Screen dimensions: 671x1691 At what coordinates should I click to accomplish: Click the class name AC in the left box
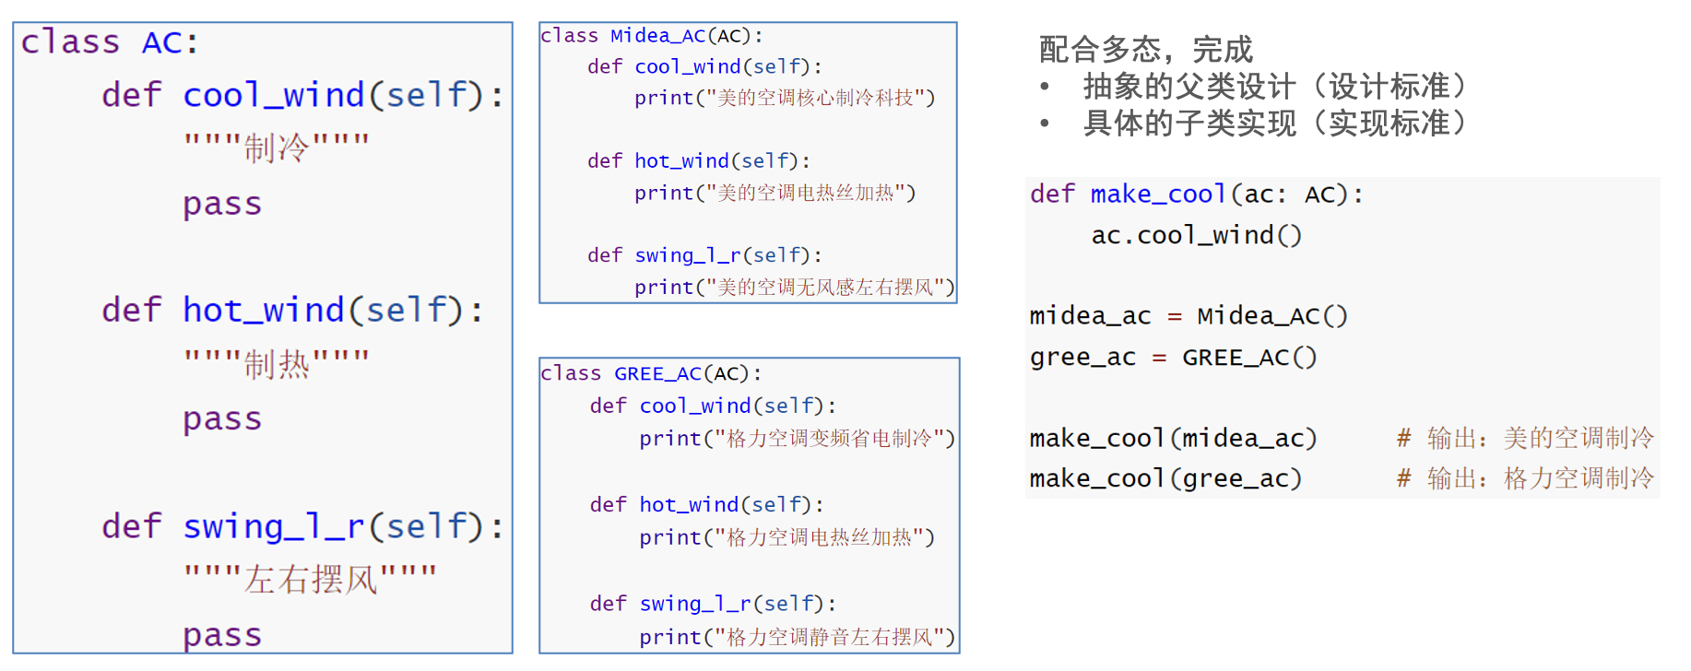click(x=163, y=42)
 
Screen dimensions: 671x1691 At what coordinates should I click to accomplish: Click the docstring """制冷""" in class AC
click(x=277, y=147)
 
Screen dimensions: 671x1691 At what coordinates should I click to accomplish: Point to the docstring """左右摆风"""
click(x=310, y=580)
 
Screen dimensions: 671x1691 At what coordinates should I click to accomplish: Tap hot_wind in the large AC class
click(x=263, y=311)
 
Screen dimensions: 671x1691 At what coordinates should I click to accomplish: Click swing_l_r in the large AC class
click(x=273, y=526)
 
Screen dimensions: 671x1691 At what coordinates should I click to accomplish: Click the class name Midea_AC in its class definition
click(x=657, y=36)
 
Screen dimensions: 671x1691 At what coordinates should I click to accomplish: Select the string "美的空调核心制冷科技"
click(x=821, y=98)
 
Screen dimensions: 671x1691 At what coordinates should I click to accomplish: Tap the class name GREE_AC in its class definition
click(x=657, y=373)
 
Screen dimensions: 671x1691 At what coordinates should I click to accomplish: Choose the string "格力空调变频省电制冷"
click(x=834, y=439)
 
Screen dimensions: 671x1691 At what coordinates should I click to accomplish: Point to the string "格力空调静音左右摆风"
click(x=834, y=637)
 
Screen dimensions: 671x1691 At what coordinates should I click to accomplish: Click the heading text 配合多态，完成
click(x=1145, y=49)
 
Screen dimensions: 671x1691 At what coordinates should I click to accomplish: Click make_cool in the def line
click(x=1157, y=194)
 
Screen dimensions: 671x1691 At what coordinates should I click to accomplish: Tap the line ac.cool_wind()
click(x=1196, y=236)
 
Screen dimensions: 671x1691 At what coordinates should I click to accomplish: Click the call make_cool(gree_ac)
click(x=1165, y=479)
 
